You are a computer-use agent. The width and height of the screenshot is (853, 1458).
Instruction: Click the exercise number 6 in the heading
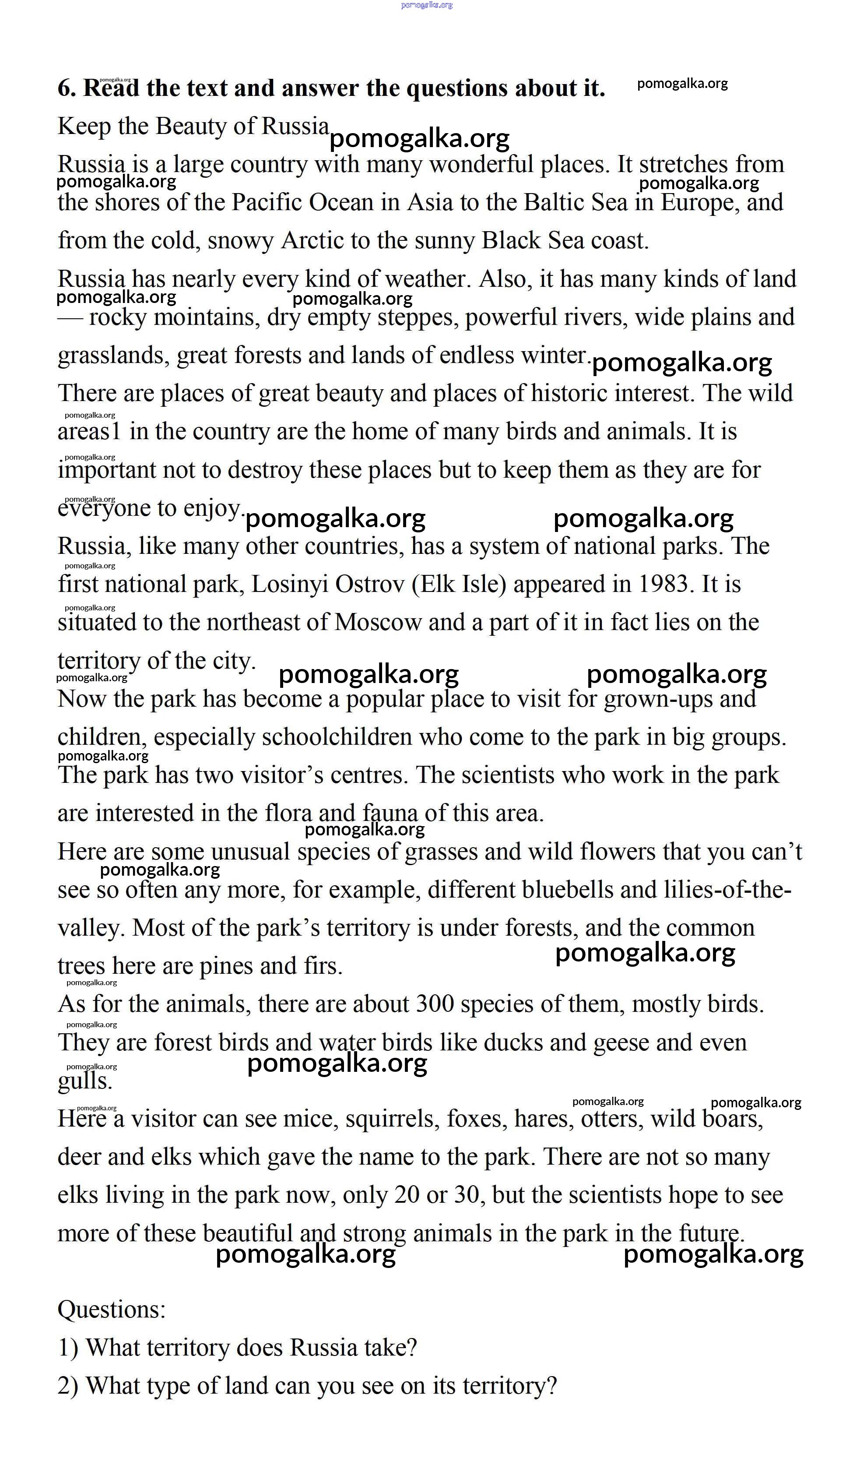(x=67, y=88)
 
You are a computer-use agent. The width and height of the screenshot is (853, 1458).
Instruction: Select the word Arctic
(x=312, y=241)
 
